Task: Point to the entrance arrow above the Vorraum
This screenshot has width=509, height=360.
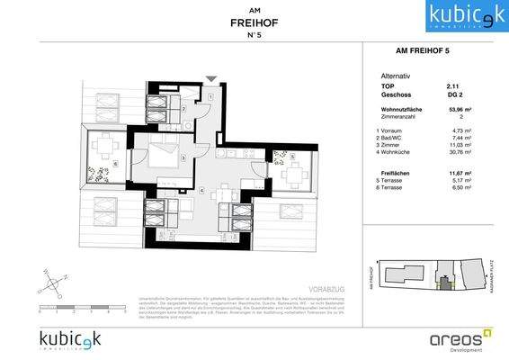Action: [210, 81]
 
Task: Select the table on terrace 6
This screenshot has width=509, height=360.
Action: [106, 146]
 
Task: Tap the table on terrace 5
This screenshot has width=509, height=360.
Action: [290, 171]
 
